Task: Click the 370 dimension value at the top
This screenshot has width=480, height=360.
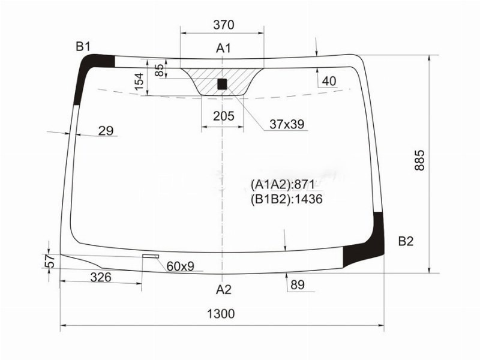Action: pos(223,25)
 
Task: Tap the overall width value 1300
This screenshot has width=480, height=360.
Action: pos(221,314)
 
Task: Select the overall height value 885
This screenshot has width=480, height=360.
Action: pos(419,160)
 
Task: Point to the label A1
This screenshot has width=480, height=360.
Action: pos(224,48)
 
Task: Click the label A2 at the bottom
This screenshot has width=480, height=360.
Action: pos(224,289)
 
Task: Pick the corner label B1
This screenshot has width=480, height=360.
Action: pos(83,47)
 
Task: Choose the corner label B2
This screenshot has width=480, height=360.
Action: pos(406,241)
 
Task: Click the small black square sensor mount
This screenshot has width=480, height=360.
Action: pos(222,84)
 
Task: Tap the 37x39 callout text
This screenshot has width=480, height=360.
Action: pos(287,124)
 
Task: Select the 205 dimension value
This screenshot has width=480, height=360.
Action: pos(224,116)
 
